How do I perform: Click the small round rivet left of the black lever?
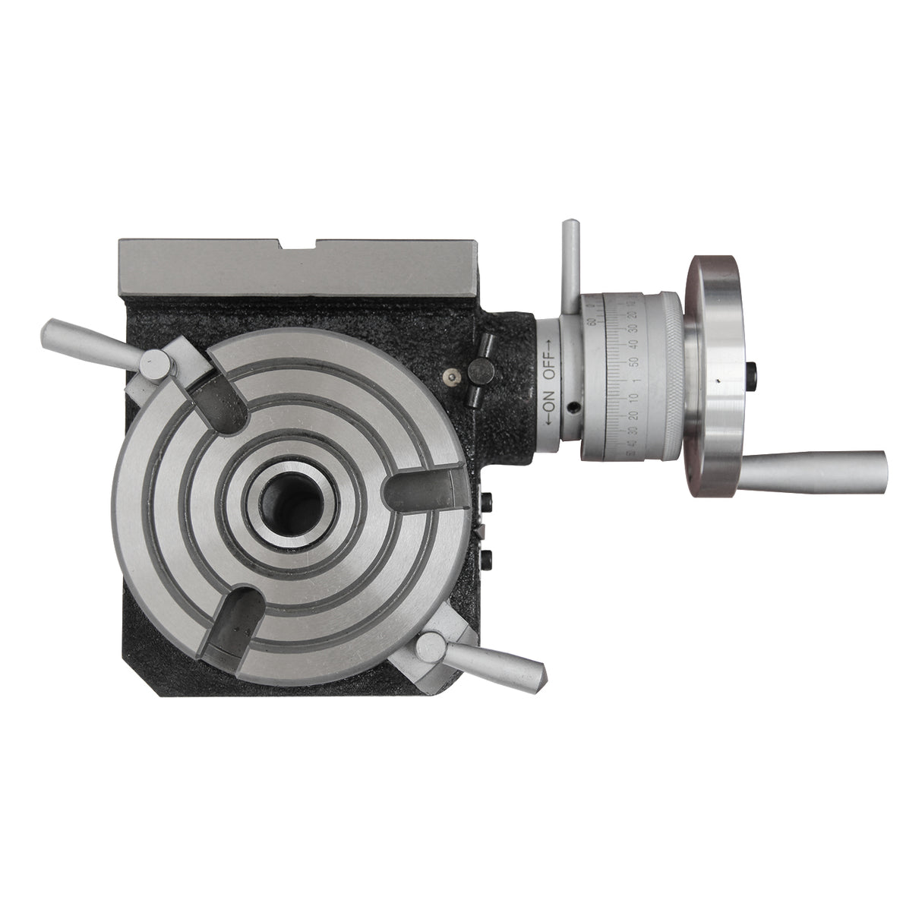pos(453,376)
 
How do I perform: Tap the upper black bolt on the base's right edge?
pos(487,502)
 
